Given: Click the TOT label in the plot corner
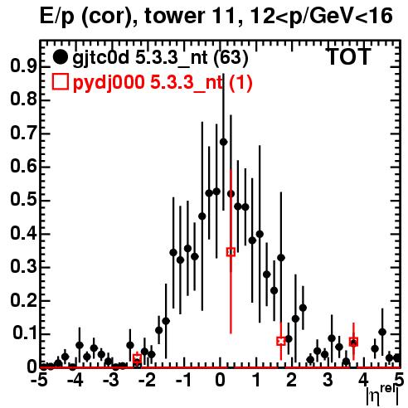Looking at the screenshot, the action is click(349, 56).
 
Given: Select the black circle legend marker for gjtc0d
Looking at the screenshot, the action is click(60, 57).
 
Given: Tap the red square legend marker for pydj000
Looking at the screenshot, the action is click(61, 82).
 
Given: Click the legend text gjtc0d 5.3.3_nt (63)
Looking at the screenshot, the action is click(160, 58).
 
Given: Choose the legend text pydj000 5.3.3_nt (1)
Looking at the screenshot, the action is click(163, 83).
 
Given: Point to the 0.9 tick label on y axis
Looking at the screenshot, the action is click(23, 66).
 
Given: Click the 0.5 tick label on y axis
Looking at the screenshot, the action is click(23, 200).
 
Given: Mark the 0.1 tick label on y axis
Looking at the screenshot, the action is click(25, 333).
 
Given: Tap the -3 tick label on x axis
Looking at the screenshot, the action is click(112, 380).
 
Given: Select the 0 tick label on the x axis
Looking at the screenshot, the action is click(220, 380).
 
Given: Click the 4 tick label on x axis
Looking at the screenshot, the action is click(363, 380).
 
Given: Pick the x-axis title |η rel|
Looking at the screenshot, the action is click(382, 395).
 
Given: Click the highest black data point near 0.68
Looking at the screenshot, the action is click(223, 142).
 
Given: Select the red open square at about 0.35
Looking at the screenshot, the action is click(231, 252).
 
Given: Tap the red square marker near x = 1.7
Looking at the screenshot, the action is click(281, 341).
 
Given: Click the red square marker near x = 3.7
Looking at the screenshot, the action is click(353, 342).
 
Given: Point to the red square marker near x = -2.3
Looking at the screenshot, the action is click(137, 358).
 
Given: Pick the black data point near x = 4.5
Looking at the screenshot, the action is click(382, 332).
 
